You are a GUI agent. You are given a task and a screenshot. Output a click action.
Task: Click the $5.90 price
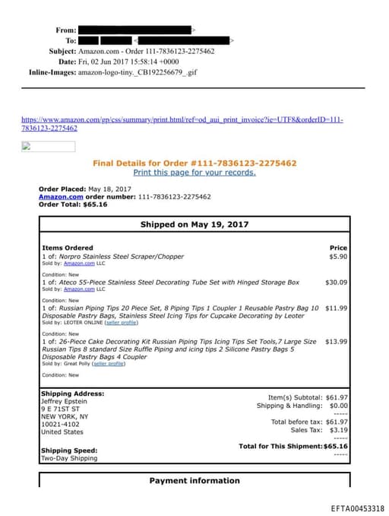tap(338, 256)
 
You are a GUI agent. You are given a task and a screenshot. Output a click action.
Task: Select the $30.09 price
tap(336, 282)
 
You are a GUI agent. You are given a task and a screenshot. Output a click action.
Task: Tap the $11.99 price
tap(336, 308)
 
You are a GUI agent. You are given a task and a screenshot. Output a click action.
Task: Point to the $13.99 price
tap(336, 342)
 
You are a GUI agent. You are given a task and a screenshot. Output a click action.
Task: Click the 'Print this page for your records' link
tap(194, 173)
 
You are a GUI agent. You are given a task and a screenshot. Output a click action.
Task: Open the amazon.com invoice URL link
tap(182, 124)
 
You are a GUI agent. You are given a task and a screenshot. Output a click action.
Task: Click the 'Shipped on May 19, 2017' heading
tap(194, 225)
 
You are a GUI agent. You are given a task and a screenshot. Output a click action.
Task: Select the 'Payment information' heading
tap(194, 480)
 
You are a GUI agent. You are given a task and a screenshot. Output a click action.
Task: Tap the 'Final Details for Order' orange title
tap(194, 163)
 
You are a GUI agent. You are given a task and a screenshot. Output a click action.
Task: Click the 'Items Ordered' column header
tap(68, 248)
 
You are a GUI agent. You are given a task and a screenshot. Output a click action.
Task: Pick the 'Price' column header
tap(338, 248)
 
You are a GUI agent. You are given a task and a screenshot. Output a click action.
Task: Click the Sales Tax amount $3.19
tap(338, 430)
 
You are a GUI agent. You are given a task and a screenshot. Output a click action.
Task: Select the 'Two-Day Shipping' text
tap(68, 459)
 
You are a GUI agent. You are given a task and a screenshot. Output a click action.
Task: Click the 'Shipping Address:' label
tap(72, 393)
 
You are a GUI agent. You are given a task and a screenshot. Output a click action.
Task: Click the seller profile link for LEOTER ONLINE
tap(121, 323)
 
